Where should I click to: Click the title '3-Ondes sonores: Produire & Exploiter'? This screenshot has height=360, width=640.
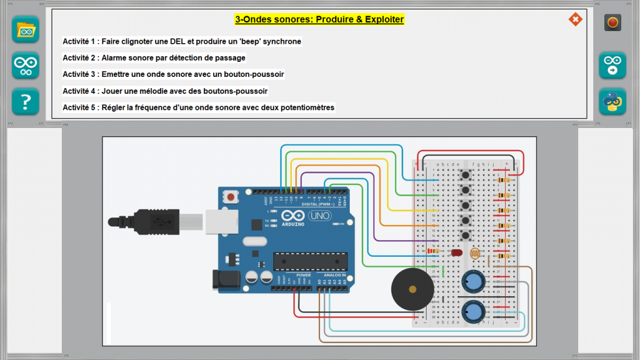pyautogui.click(x=319, y=19)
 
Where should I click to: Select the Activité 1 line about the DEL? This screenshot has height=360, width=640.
pyautogui.click(x=182, y=41)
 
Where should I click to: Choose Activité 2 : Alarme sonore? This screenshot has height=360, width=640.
pyautogui.click(x=154, y=57)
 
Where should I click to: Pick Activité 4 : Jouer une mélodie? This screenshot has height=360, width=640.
pyautogui.click(x=165, y=91)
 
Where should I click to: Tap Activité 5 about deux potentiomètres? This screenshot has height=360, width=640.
pyautogui.click(x=198, y=107)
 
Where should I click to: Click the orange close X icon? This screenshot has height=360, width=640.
pyautogui.click(x=575, y=19)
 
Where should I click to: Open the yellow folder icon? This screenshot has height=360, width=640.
pyautogui.click(x=26, y=29)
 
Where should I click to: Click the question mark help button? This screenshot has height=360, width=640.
pyautogui.click(x=26, y=101)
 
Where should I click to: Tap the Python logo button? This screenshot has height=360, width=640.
pyautogui.click(x=612, y=101)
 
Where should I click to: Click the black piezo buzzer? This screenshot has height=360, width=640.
pyautogui.click(x=412, y=289)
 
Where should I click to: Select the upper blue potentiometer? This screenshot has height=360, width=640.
pyautogui.click(x=474, y=281)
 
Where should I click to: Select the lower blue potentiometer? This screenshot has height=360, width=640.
pyautogui.click(x=474, y=311)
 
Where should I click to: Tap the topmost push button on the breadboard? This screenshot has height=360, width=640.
pyautogui.click(x=464, y=174)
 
